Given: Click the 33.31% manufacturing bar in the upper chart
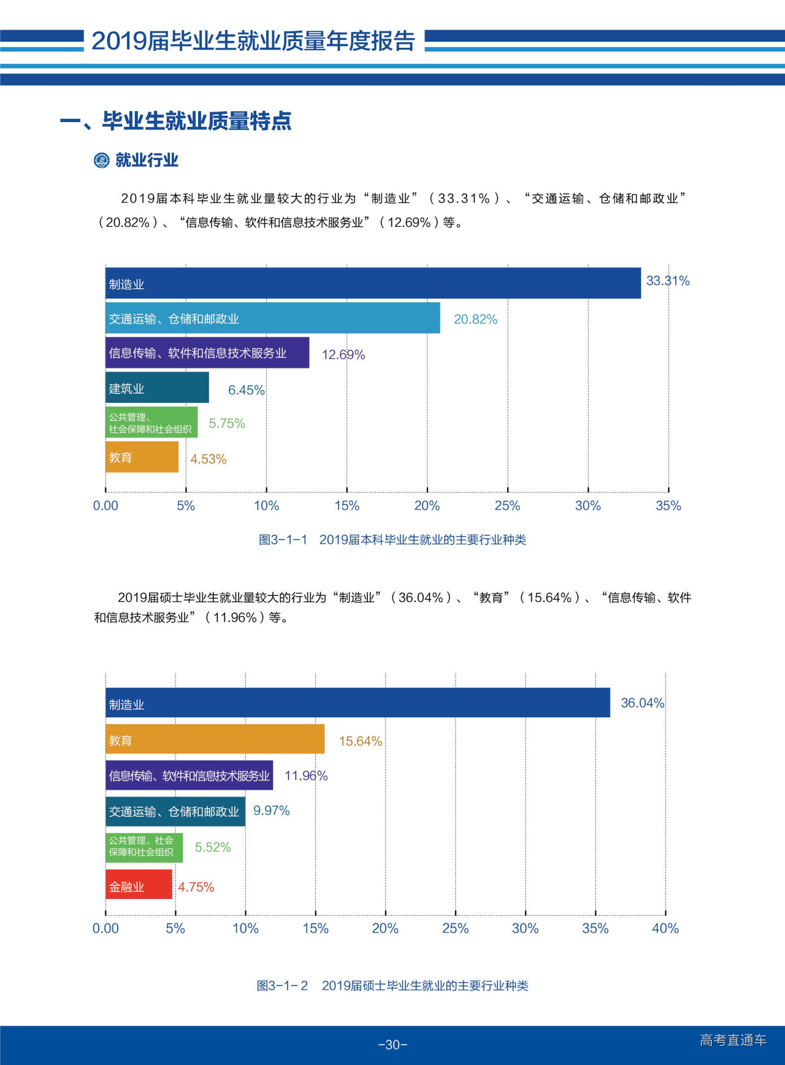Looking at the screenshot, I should (373, 283).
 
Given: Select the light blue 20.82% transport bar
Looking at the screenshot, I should (272, 318).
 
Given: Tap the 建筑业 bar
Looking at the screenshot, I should (157, 387).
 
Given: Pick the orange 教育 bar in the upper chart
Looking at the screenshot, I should (142, 457).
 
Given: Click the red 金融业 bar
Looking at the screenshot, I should (139, 885).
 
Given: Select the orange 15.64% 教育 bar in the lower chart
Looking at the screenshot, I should (215, 739).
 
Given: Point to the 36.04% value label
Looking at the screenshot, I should (642, 703).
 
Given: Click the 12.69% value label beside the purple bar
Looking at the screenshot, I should (343, 355).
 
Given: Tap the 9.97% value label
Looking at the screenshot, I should (271, 811).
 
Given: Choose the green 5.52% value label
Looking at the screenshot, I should (213, 847).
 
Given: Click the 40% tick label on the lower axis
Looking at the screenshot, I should (665, 928).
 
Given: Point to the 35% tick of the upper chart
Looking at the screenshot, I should (668, 506).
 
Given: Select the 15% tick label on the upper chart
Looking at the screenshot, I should (347, 506).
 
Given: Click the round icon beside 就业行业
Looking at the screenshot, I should (101, 161).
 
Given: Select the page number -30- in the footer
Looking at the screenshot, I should (392, 1045).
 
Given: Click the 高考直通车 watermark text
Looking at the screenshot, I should (733, 1040).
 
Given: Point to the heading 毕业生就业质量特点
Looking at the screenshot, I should (196, 121).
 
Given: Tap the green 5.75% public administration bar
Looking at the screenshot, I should (151, 422).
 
